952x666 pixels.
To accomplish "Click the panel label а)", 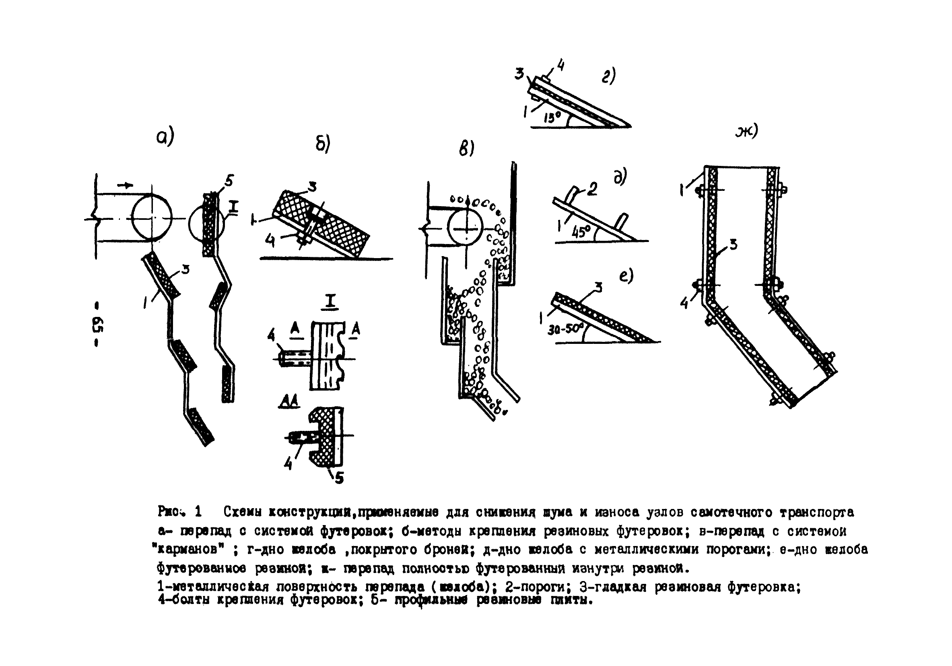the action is coord(165,137).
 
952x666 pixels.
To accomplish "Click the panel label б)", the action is coord(323,144).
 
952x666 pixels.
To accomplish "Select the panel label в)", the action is coord(466,149).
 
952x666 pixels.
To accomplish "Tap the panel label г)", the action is coord(608,76).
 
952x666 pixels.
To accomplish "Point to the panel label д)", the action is coord(620,177).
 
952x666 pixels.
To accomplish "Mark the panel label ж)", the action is coord(747,131).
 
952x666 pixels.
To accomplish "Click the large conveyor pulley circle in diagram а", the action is coord(152,218).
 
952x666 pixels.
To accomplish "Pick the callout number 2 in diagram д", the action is coord(593,189).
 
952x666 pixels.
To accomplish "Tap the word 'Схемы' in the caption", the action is coord(243,512).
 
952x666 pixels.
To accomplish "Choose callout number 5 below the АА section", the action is coord(339,478).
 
